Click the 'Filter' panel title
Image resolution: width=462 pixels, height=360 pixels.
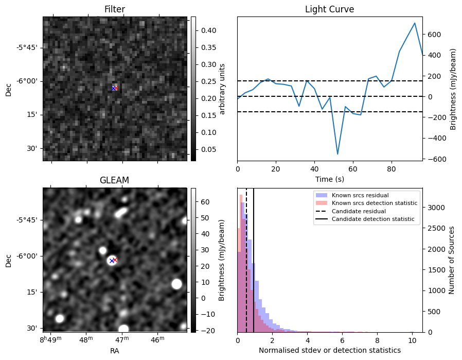pyautogui.click(x=114, y=9)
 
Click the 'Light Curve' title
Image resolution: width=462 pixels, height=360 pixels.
pyautogui.click(x=329, y=9)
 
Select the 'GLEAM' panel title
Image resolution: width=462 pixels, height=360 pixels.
pyautogui.click(x=114, y=180)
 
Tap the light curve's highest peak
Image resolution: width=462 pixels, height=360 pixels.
pyautogui.click(x=415, y=23)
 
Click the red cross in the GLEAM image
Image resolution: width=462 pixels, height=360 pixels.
pyautogui.click(x=115, y=260)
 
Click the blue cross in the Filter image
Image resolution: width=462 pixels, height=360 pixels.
pyautogui.click(x=113, y=88)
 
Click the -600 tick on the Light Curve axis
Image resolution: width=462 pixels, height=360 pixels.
pyautogui.click(x=433, y=159)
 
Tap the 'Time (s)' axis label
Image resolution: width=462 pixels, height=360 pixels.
pyautogui.click(x=329, y=179)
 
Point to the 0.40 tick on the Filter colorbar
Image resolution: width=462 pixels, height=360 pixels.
pyautogui.click(x=204, y=30)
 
